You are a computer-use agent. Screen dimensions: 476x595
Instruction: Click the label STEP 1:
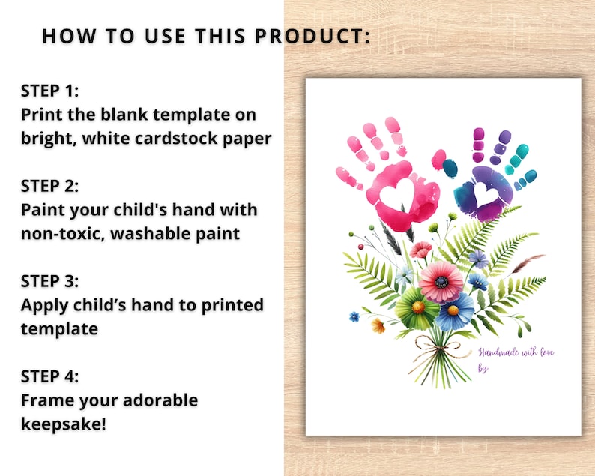point(49,91)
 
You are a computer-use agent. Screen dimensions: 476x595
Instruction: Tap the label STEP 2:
point(50,185)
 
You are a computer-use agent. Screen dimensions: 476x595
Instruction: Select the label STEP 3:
point(50,281)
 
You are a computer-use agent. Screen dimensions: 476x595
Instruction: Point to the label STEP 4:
point(50,376)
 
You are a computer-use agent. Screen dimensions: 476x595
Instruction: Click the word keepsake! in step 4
point(64,424)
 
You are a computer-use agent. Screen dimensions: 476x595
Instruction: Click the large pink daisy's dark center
point(442,282)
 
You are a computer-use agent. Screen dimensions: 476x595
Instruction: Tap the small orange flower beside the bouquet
point(378,325)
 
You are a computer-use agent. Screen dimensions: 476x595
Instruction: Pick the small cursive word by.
point(483,367)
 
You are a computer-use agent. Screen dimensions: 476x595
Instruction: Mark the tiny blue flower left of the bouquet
point(354,316)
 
